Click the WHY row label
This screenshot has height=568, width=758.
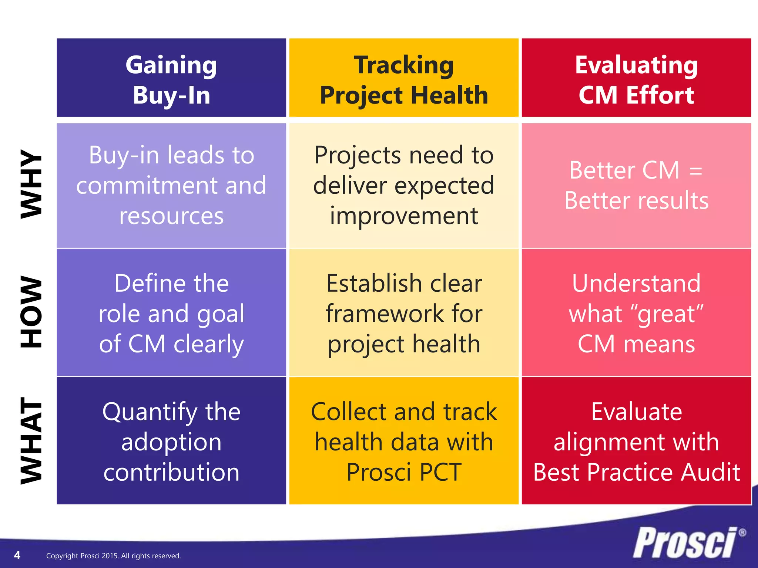[x=31, y=184]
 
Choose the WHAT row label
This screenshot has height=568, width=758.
[x=31, y=440]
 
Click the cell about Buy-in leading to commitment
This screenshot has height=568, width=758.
[x=171, y=185]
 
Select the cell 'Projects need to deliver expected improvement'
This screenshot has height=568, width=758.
[x=404, y=185]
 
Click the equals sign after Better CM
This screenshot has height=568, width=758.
[x=696, y=171]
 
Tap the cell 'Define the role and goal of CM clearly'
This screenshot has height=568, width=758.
[x=171, y=313]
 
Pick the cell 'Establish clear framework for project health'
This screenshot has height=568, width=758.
[x=404, y=313]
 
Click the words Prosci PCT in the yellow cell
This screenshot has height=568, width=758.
[x=404, y=472]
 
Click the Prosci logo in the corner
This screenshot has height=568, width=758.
[x=685, y=542]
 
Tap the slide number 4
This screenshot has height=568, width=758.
[x=17, y=555]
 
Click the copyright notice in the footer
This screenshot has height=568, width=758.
[x=113, y=556]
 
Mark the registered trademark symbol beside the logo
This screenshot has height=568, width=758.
[x=742, y=533]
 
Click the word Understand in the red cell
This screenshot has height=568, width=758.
[x=636, y=283]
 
